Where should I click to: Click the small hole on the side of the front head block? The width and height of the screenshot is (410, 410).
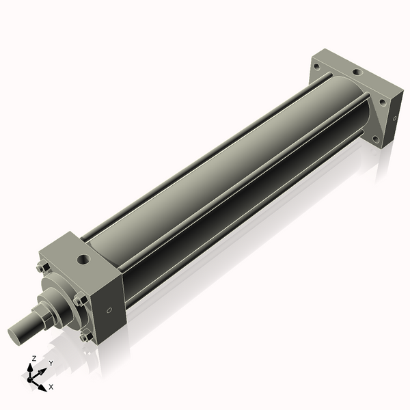pos(109,311)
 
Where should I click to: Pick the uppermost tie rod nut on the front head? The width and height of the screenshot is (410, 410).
pos(42,267)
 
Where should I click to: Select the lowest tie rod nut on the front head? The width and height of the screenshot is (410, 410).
pos(85,337)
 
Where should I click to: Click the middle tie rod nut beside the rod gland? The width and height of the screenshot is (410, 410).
pos(80,298)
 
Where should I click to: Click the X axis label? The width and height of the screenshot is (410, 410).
pos(51,387)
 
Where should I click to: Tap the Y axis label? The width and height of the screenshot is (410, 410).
pos(51,364)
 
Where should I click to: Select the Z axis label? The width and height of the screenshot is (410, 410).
pos(34,358)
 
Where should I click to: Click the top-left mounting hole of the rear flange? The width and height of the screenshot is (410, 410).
pos(316,66)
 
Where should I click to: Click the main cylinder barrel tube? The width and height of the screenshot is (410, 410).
pos(225,171)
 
